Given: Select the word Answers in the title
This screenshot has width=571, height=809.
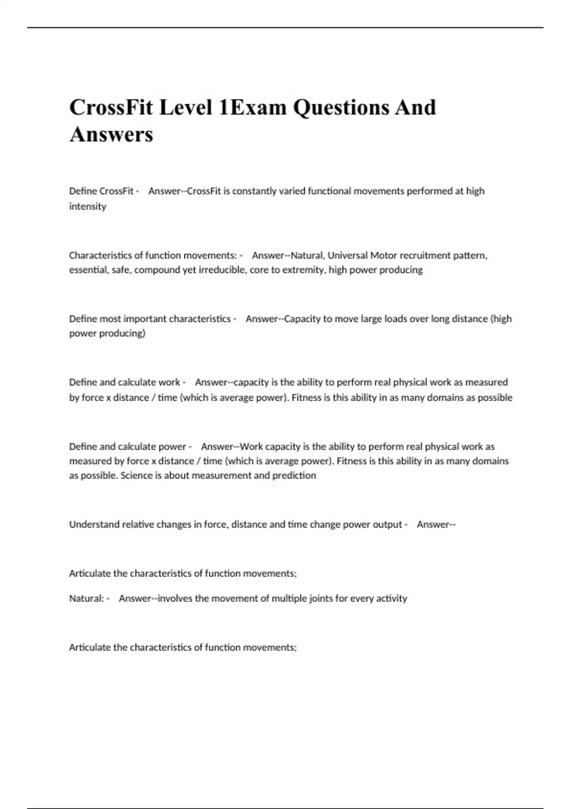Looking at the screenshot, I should tap(111, 134).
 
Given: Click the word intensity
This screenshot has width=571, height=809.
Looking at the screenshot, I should tap(88, 207).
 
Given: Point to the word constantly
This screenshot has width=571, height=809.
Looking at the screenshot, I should tap(254, 191).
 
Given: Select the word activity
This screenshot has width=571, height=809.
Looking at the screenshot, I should tap(392, 599).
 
